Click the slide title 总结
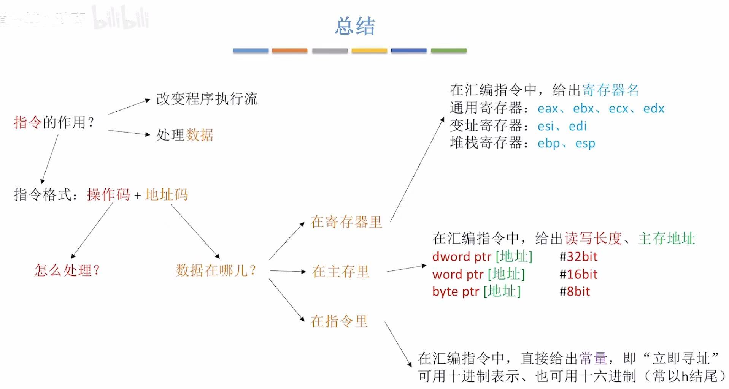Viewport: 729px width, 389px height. point(355,26)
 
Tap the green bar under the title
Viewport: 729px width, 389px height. point(448,51)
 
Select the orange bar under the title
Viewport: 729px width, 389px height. point(289,51)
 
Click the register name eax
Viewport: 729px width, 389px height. point(548,109)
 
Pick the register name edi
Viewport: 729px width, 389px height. point(578,126)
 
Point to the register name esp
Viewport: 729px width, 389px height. point(585,144)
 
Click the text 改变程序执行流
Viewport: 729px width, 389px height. point(207,99)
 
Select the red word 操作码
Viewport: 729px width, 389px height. point(108,194)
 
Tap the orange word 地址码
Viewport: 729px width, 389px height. point(167,194)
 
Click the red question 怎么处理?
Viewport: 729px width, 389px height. point(67,270)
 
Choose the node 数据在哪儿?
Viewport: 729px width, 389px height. point(216,270)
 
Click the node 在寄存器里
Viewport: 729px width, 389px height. point(346,222)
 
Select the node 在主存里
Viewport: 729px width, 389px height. point(341,271)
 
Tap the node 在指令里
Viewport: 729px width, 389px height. point(339,321)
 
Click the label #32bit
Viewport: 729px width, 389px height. point(578,257)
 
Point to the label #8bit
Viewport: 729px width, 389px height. point(574,292)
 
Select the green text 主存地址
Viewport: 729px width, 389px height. point(666,239)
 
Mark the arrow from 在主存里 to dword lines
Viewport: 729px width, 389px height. point(406,269)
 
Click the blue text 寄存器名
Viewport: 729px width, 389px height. point(610,90)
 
